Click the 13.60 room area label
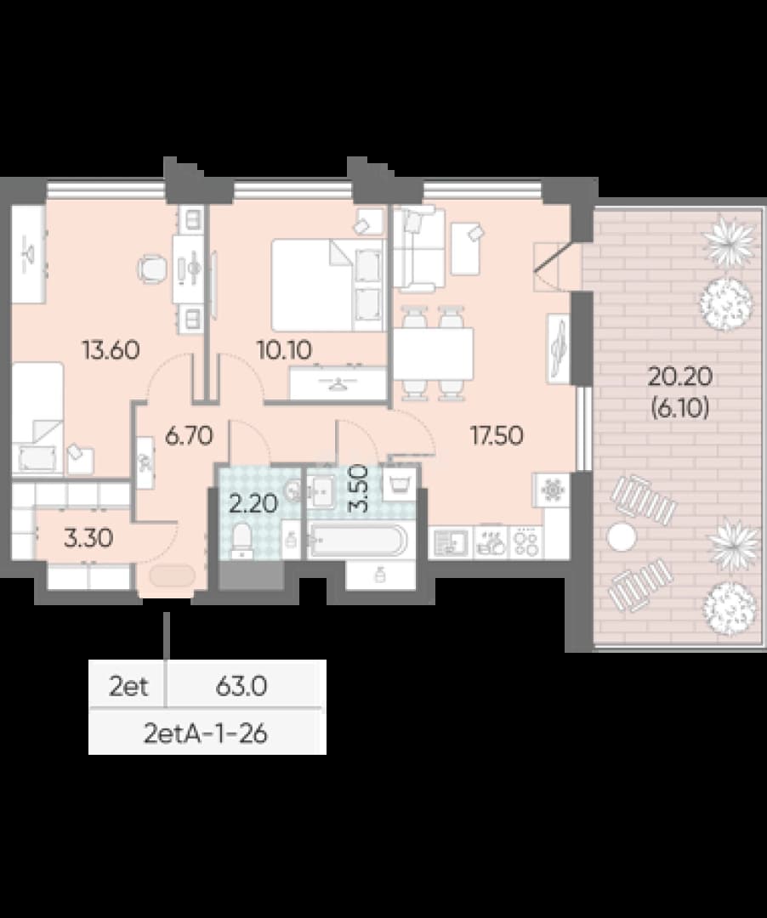tap(111, 350)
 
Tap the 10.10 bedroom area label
tap(285, 350)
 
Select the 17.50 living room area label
tap(497, 435)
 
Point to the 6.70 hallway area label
tap(188, 435)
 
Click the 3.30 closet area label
tap(88, 537)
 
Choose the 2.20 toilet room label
tap(253, 503)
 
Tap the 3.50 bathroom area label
tap(358, 489)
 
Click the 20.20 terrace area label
tap(679, 376)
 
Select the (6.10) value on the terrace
tap(679, 407)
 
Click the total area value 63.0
tap(241, 686)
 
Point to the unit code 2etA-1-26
tap(206, 733)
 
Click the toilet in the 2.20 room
tap(241, 541)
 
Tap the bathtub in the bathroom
tap(357, 541)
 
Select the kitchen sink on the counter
tap(450, 543)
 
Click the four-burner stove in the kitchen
tap(526, 543)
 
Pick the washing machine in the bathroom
tap(400, 484)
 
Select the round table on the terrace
tap(622, 535)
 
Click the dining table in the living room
tap(433, 354)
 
